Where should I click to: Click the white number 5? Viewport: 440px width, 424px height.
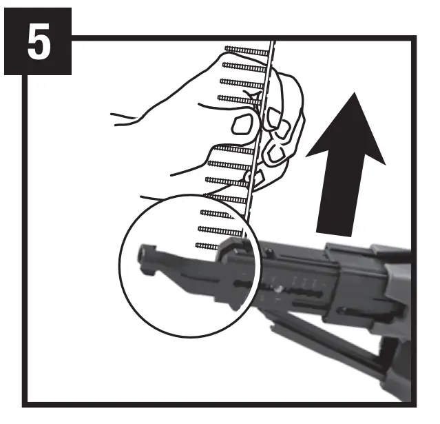point(39,41)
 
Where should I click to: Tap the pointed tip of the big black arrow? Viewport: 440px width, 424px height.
point(355,92)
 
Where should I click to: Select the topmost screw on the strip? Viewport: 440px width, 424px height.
point(247,50)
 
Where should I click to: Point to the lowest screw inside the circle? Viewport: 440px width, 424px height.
point(207,246)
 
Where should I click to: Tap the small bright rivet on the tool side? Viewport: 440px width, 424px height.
point(279,288)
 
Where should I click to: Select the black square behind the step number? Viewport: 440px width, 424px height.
point(38,41)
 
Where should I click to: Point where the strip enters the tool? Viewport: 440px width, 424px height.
point(244,239)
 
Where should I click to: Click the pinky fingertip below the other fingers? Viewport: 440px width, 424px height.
point(256,178)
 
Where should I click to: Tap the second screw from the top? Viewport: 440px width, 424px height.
point(244,67)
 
